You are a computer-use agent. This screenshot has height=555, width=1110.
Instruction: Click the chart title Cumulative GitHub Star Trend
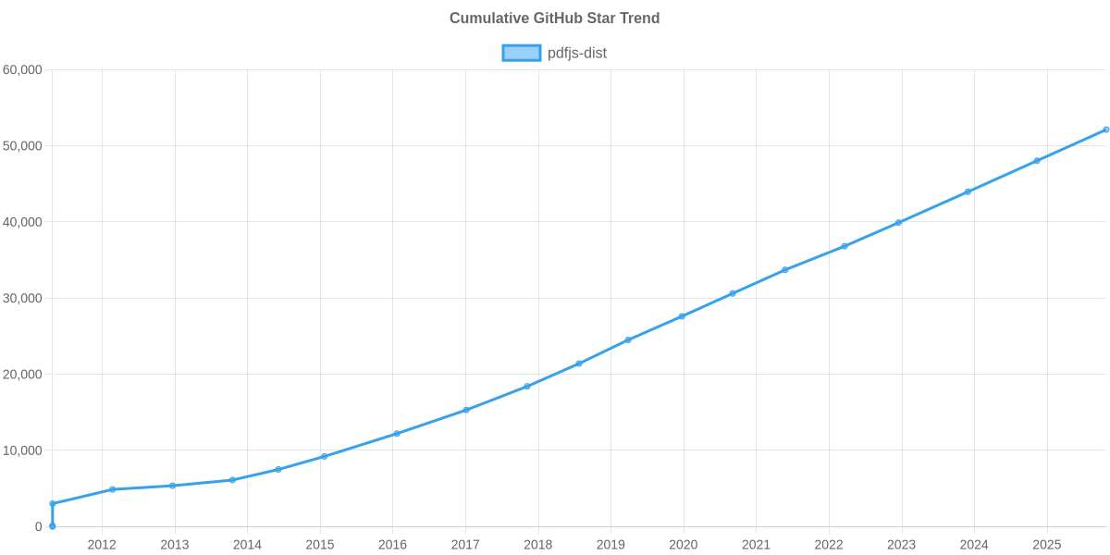(x=554, y=18)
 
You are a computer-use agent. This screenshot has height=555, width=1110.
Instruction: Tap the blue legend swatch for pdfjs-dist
(x=521, y=53)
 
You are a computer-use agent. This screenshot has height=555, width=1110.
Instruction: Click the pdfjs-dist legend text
(x=576, y=53)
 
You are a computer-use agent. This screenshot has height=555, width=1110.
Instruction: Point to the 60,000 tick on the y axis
(x=23, y=70)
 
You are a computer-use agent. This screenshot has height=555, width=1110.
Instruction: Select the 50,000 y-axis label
(x=23, y=146)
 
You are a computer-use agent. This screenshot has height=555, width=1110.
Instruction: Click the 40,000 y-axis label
(x=23, y=222)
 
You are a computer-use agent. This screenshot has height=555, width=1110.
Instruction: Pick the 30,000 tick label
(x=23, y=299)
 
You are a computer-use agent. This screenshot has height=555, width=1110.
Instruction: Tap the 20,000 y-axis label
(x=23, y=375)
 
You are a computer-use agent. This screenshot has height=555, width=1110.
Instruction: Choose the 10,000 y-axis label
(x=23, y=450)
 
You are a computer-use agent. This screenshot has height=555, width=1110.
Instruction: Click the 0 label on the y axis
(x=39, y=527)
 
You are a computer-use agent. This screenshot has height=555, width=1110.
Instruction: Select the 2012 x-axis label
(x=102, y=545)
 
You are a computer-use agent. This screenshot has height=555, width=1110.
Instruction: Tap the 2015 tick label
(x=320, y=545)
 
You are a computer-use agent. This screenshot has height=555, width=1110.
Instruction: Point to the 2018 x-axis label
(x=537, y=545)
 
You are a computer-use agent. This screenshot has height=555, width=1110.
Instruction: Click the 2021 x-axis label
(x=756, y=545)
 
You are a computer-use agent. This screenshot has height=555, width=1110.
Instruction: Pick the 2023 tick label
(x=901, y=545)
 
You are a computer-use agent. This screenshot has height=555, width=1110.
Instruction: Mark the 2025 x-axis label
(x=1046, y=545)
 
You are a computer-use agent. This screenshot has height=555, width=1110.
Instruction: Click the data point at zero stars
(x=53, y=526)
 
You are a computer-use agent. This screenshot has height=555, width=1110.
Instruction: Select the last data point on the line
(x=1105, y=129)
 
